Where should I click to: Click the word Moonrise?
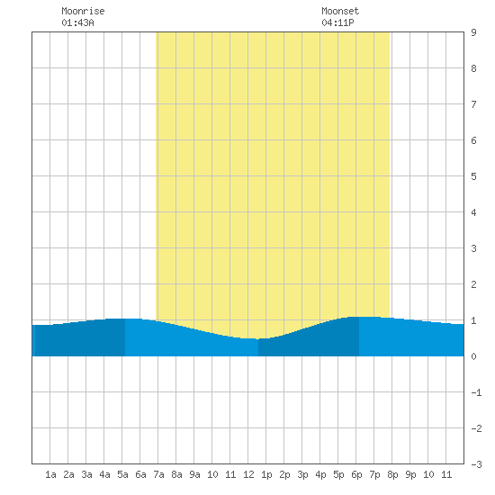[x=83, y=11]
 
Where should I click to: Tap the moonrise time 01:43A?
[x=77, y=22]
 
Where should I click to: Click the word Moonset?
[x=340, y=11]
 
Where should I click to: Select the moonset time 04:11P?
[x=337, y=22]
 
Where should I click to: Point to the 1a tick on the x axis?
[x=50, y=474]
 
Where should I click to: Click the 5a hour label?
[x=122, y=474]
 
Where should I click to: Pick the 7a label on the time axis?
[x=158, y=474]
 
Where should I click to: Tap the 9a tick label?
[x=194, y=474]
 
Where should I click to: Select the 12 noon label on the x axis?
[x=248, y=474]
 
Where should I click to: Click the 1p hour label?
[x=266, y=474]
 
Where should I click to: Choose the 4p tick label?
[x=320, y=474]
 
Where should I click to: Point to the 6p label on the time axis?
[x=356, y=474]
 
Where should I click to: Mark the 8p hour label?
[x=392, y=474]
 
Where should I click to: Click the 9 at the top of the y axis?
[x=473, y=32]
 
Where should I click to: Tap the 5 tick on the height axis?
[x=473, y=176]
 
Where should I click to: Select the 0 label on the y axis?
[x=473, y=356]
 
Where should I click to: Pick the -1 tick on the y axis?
[x=476, y=392]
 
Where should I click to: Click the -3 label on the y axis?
[x=476, y=464]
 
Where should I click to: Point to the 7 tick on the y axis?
[x=473, y=104]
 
